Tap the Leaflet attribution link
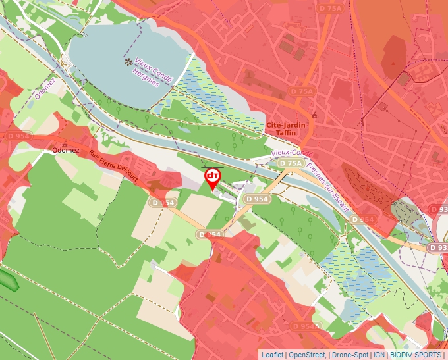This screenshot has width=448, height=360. [x=272, y=355]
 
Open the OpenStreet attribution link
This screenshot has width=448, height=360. [x=306, y=355]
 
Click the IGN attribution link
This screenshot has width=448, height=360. [x=379, y=355]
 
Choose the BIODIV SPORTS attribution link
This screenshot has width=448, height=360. [x=416, y=355]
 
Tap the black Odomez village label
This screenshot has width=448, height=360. [x=65, y=150]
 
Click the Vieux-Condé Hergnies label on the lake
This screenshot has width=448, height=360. [x=154, y=72]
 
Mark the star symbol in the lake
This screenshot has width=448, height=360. [x=128, y=62]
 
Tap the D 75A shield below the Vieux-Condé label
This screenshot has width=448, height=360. [x=290, y=163]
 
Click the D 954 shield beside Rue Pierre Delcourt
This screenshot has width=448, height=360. [x=163, y=203]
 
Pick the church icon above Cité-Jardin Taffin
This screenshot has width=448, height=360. [x=314, y=115]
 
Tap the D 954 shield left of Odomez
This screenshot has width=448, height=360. [x=19, y=136]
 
